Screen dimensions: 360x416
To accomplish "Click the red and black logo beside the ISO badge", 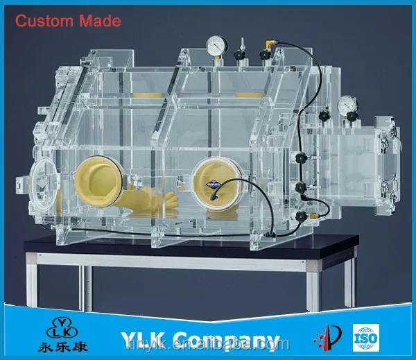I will (x=328, y=338).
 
